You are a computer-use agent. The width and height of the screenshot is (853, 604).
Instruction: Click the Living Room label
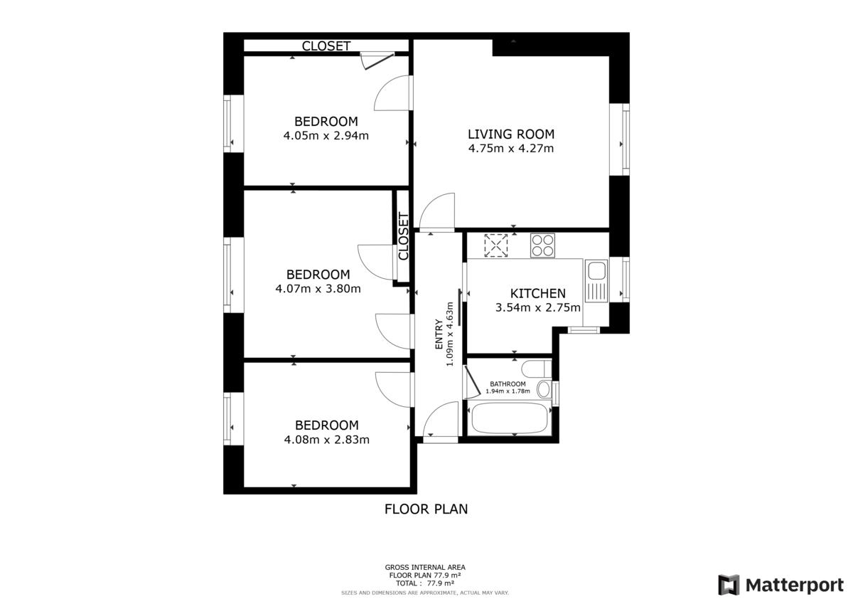[x=511, y=134]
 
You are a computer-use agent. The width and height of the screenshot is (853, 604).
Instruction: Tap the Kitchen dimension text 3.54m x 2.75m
[x=537, y=307]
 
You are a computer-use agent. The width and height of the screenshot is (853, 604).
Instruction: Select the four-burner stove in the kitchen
[x=542, y=245]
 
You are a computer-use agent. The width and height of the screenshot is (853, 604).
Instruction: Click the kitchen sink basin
[x=596, y=270]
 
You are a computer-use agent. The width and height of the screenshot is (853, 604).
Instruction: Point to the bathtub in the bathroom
[x=510, y=418]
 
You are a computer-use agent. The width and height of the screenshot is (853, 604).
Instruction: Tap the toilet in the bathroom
[x=536, y=369]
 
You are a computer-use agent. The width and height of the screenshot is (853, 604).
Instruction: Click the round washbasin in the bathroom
[x=544, y=389]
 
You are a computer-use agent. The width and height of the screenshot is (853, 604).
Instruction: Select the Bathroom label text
[x=508, y=383]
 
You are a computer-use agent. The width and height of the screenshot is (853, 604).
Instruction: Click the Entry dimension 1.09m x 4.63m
[x=450, y=334]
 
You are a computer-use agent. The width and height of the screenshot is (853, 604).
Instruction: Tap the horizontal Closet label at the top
[x=326, y=46]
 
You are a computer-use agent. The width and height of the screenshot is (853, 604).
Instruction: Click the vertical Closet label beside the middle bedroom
[x=403, y=236]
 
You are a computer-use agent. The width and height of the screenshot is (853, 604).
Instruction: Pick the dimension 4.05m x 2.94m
[x=326, y=136]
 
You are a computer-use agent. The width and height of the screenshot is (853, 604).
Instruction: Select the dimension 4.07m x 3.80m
[x=318, y=288]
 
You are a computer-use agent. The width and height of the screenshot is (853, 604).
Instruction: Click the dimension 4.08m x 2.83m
[x=327, y=440]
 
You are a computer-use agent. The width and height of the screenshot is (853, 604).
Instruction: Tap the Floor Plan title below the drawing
[x=426, y=509]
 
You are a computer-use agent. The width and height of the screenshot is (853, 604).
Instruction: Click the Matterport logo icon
[x=729, y=585]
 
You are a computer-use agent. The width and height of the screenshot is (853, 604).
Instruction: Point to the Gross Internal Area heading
[x=425, y=568]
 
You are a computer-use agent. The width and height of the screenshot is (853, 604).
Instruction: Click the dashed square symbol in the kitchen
[x=496, y=245]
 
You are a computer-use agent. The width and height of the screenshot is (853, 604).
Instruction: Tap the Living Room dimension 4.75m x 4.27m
[x=510, y=148]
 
